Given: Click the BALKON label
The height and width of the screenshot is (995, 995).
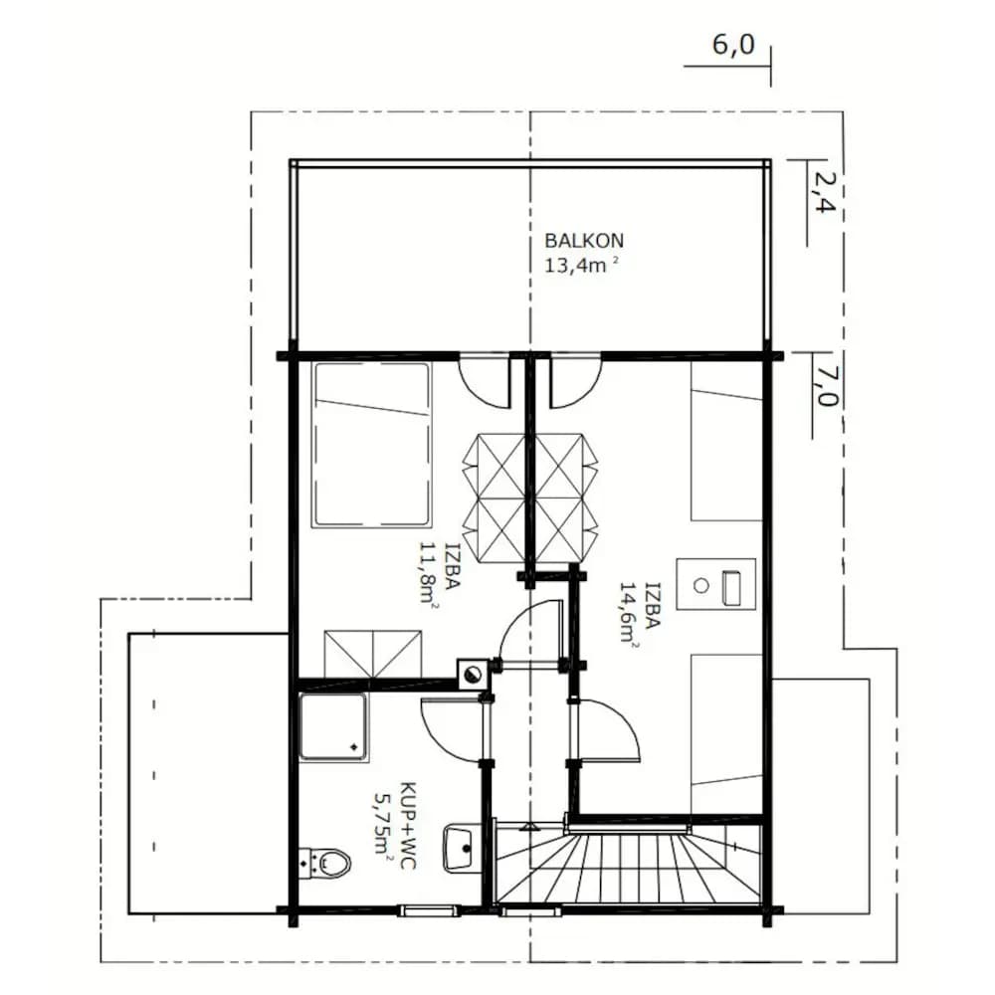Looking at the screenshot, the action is (584, 241).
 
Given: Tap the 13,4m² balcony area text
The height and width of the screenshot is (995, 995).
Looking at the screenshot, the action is (581, 265).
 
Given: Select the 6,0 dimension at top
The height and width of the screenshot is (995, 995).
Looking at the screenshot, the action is (733, 45).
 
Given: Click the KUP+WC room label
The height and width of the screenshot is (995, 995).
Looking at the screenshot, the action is (407, 825).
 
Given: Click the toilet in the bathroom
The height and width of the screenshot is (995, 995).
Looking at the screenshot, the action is (325, 863).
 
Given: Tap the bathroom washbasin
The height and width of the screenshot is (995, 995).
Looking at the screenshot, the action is (458, 848).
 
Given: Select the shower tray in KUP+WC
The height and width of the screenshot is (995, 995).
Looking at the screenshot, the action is (333, 726).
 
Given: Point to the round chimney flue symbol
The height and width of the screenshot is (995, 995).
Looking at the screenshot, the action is (472, 675).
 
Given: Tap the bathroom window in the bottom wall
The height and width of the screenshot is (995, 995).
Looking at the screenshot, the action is (428, 911).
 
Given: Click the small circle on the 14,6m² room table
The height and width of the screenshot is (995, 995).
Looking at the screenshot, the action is (700, 585).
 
